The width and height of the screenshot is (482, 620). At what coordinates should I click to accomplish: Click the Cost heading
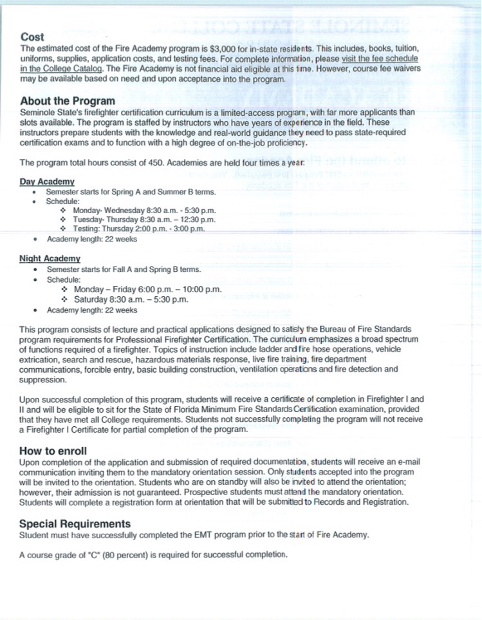pos(32,37)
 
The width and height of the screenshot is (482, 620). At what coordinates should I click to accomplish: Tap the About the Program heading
pos(68,100)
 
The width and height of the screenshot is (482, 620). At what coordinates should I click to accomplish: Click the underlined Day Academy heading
pos(47,182)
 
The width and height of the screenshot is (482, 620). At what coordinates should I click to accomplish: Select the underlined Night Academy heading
pos(50,258)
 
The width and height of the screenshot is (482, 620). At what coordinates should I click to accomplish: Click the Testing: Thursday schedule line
pos(139,229)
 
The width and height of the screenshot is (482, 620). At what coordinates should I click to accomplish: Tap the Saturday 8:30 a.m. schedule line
pos(131,299)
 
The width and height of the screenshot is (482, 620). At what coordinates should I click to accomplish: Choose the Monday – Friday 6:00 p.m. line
pos(147,290)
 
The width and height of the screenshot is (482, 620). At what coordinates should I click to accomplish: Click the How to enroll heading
pos(53,451)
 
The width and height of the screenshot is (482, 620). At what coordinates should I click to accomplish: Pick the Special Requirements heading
pos(75,523)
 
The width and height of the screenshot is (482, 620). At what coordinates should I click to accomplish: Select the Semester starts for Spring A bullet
pos(131,192)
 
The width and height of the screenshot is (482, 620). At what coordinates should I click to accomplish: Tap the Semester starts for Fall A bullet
pos(124,269)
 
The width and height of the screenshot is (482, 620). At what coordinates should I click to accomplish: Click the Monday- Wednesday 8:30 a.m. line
pos(145,211)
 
